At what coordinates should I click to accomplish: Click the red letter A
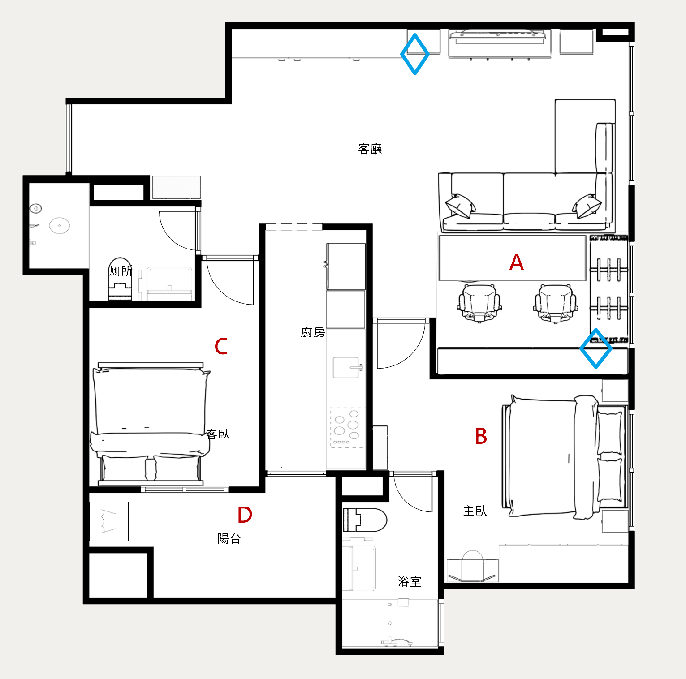point(517,262)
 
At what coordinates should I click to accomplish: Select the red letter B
point(481,436)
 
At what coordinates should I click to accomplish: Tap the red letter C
point(221,346)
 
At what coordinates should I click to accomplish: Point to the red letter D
point(245,515)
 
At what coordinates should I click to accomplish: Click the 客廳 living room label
point(370,149)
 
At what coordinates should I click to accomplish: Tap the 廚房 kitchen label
point(313,332)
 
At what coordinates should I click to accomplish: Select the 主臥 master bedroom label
point(475,511)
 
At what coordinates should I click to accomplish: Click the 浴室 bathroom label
point(410,581)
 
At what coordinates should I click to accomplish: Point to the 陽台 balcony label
point(229,538)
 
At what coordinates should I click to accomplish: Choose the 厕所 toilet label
point(121,271)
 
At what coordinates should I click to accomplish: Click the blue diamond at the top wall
point(415,54)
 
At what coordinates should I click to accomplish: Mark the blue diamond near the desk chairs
point(596,348)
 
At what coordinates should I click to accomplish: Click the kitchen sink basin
point(346,367)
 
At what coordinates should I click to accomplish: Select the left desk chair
point(479,303)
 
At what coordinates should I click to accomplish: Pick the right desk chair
point(556,303)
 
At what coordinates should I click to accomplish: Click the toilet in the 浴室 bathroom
point(365,520)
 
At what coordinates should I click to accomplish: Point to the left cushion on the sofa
point(460,206)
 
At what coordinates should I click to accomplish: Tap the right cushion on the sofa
point(587,206)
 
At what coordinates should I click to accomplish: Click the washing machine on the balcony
point(109,521)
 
